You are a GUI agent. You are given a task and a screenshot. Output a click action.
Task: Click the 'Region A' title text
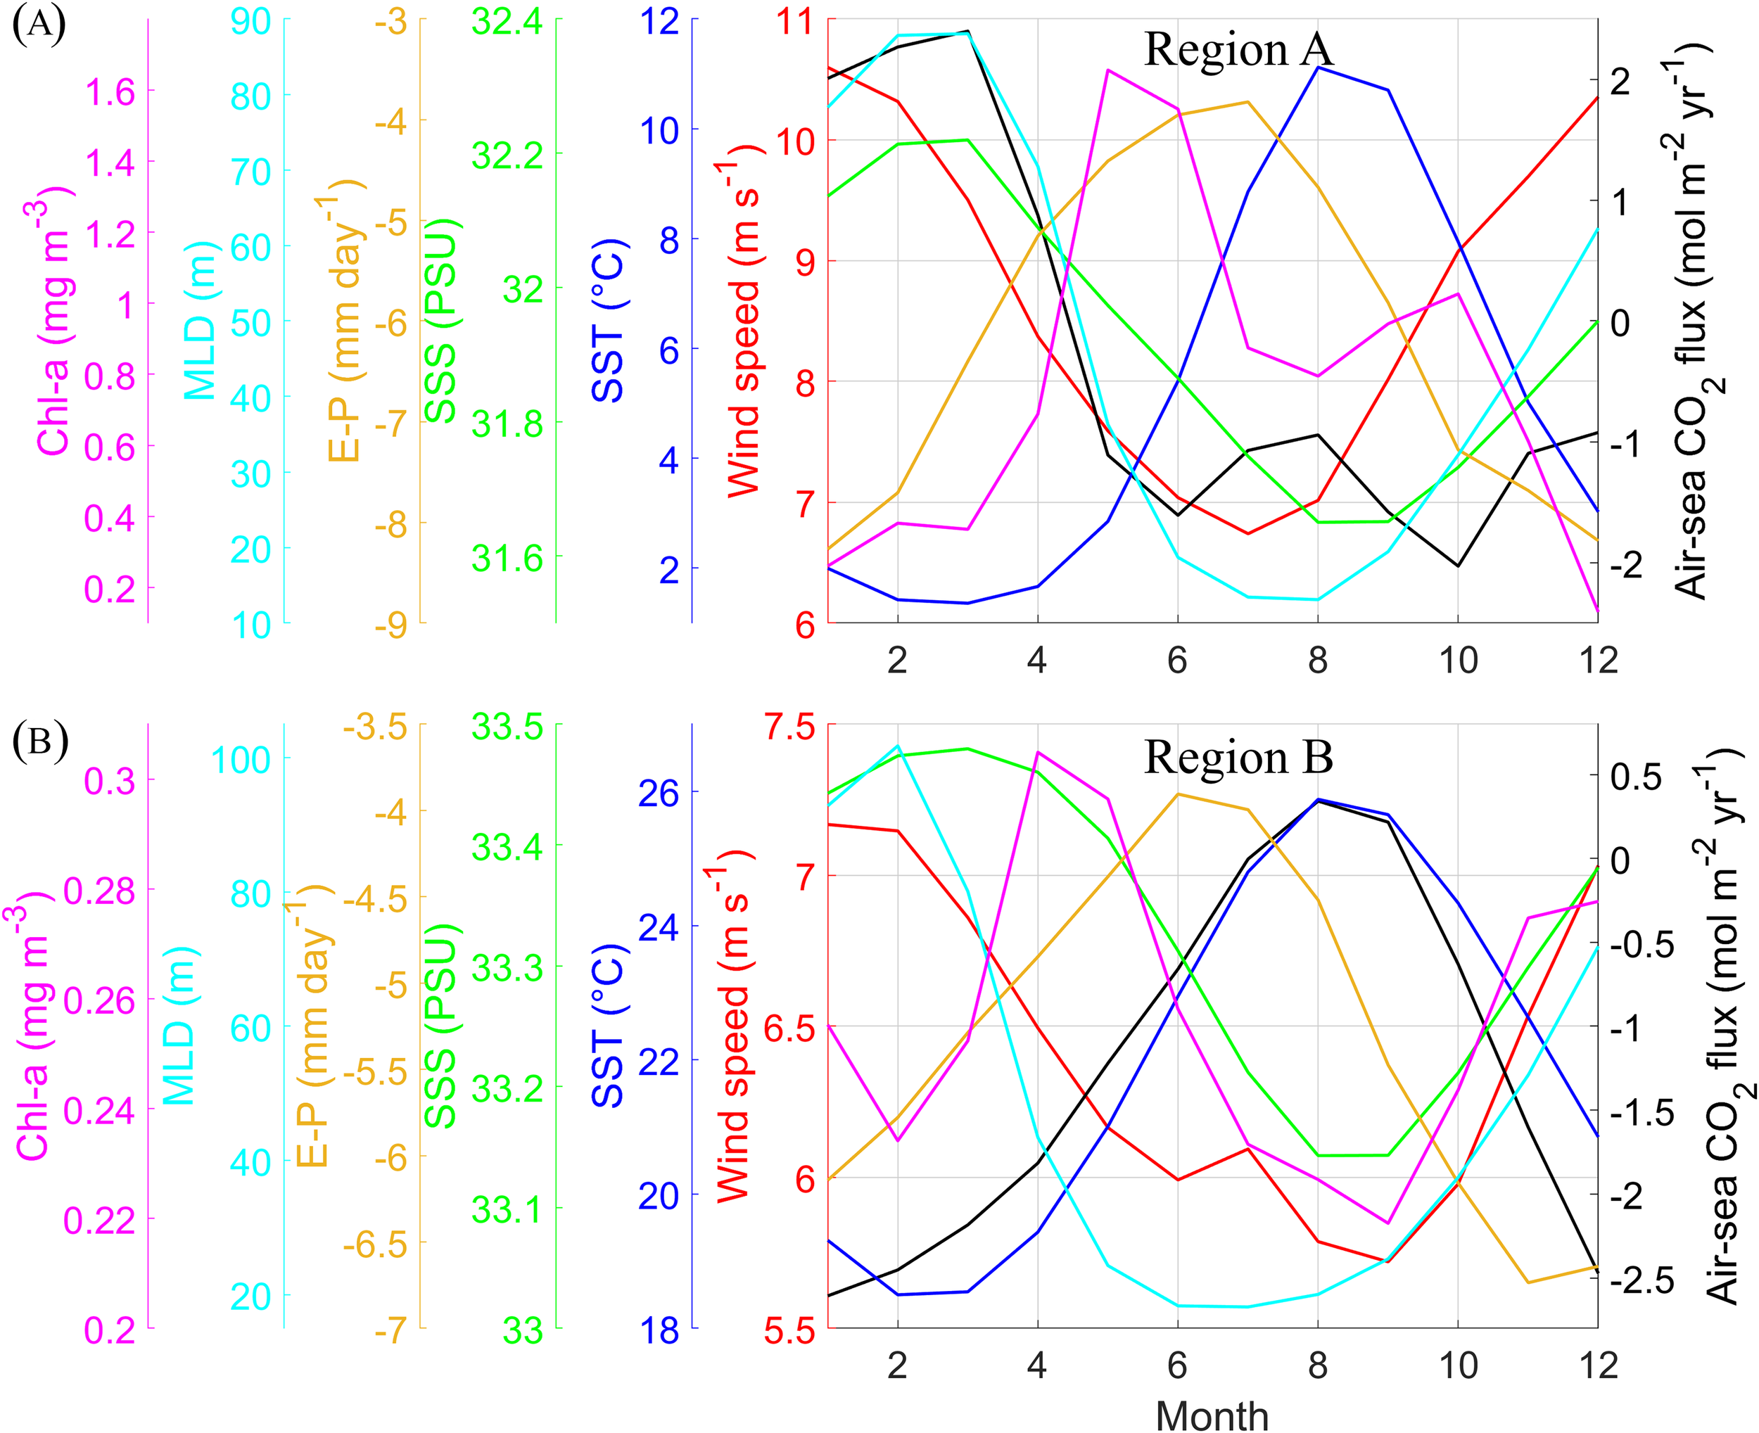click(x=1238, y=49)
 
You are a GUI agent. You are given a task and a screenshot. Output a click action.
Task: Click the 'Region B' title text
click(x=1238, y=757)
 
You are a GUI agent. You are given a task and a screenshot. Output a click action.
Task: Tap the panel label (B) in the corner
click(x=39, y=741)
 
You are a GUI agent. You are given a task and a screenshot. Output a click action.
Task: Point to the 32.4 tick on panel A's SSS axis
click(x=507, y=22)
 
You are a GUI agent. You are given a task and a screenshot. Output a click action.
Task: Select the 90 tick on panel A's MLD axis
click(x=251, y=22)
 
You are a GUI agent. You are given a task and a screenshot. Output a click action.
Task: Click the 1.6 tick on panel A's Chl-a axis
click(x=110, y=92)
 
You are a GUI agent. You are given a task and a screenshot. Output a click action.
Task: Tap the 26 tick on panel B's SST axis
click(x=658, y=794)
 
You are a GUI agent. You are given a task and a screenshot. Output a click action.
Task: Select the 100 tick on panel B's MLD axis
click(x=241, y=760)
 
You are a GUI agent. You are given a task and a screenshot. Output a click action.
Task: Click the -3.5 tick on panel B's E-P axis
click(x=375, y=728)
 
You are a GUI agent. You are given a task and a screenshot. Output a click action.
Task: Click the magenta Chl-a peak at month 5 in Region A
click(x=1107, y=70)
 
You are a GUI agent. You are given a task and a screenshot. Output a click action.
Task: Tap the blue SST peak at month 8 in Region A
click(x=1319, y=68)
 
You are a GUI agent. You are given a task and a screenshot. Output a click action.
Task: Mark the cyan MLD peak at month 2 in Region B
click(x=898, y=746)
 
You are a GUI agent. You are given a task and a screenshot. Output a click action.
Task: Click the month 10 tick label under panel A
click(x=1458, y=661)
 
